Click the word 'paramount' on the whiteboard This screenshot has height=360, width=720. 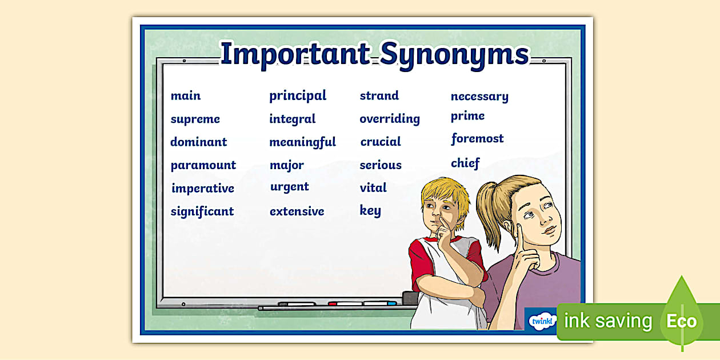[x=203, y=165]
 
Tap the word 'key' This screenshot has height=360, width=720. [x=370, y=210]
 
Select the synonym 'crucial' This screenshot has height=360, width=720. [x=381, y=142]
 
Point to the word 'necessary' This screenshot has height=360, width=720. [x=479, y=97]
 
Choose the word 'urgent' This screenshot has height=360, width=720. [x=290, y=187]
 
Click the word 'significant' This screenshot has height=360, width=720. [x=202, y=211]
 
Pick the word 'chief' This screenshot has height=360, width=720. [x=465, y=163]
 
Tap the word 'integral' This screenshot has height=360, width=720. [x=293, y=119]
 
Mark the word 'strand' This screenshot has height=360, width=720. [x=379, y=95]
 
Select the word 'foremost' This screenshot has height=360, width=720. [x=477, y=138]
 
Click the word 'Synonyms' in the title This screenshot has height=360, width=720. [x=455, y=54]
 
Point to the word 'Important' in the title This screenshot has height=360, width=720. [x=295, y=54]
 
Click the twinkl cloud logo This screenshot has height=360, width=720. [x=540, y=321]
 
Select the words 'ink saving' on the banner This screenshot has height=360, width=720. [x=607, y=321]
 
